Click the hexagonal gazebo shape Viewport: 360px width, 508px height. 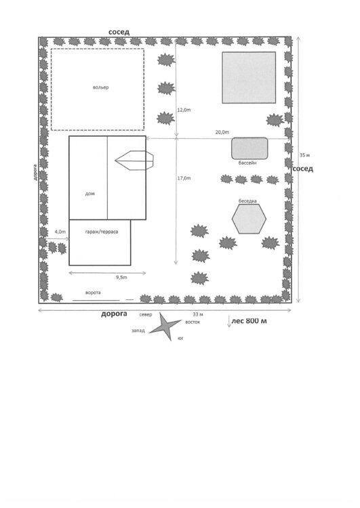coord(249,219)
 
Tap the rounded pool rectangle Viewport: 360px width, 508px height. coord(249,148)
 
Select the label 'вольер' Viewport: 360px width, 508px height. coord(100,87)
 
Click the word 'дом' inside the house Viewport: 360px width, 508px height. coord(90,194)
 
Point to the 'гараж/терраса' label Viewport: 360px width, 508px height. coord(102,232)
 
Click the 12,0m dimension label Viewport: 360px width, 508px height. coord(184,110)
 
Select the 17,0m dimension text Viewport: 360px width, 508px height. coord(184,178)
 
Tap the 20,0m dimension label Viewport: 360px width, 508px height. coord(222,132)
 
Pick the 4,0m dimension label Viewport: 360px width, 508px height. coord(60,232)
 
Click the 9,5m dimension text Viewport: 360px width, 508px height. coord(121,277)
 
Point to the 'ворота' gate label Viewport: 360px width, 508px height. coord(93,293)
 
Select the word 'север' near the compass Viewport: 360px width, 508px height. coord(146,314)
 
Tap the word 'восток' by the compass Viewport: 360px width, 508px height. coord(193,322)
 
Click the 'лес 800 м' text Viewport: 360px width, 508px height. coord(249,321)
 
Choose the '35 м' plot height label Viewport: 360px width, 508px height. coord(304,155)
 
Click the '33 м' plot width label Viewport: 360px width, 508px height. coord(198,314)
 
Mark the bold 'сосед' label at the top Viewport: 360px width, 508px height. coord(119,32)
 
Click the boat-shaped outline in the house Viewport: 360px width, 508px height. coord(134,161)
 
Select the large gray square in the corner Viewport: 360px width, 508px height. coord(249,77)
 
